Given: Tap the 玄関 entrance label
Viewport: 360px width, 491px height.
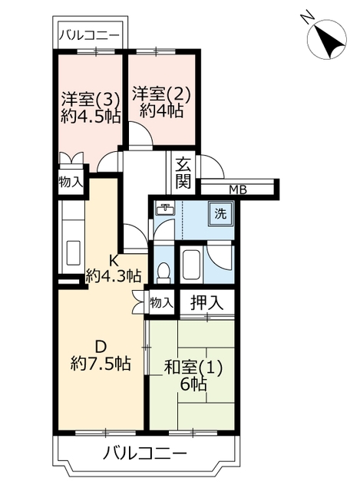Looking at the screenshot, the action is point(183,173).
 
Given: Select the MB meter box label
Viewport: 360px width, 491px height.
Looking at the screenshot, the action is point(238,189).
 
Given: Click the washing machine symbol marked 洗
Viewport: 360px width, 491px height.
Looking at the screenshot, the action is point(220,213).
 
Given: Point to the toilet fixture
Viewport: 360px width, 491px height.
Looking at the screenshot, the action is point(163,272).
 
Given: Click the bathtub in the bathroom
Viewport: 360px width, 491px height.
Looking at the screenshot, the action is point(190,265).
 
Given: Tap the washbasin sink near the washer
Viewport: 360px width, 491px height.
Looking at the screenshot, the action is point(165,209).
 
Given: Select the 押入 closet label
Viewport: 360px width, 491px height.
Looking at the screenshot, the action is point(206,303).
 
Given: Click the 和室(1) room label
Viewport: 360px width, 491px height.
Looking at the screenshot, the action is point(193,368).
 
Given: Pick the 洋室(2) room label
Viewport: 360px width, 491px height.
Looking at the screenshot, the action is point(161,94).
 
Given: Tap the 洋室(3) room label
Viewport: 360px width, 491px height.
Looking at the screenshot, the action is point(91,100).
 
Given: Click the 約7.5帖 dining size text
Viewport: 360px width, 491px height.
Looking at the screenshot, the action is point(101,364).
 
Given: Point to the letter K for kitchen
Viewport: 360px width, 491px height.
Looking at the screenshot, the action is point(113,260).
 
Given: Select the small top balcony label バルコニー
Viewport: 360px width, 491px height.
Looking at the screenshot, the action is point(91,35).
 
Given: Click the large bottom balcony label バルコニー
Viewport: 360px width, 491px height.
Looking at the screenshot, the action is point(145,453).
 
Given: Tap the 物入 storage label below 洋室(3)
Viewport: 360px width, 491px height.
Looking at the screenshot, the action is point(71,182).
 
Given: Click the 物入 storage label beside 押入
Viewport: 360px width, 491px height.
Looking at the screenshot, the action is point(161,303).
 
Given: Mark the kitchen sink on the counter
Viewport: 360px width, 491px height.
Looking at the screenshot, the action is point(74,252).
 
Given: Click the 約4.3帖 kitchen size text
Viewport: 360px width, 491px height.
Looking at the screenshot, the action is point(113,276).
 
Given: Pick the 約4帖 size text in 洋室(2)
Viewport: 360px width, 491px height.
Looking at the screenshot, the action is point(161,110).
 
